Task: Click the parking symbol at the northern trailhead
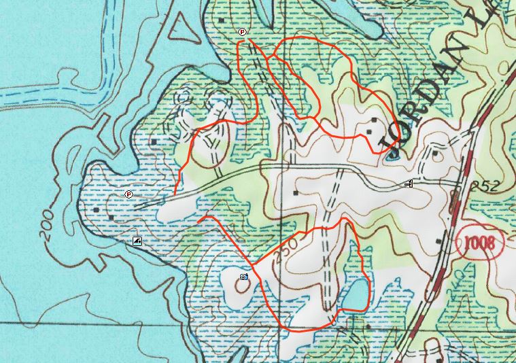(x=243, y=32)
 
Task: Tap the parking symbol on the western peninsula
(x=128, y=194)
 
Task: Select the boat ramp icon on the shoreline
(x=137, y=241)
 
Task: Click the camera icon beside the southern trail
(x=244, y=277)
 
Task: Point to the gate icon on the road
(x=409, y=184)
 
